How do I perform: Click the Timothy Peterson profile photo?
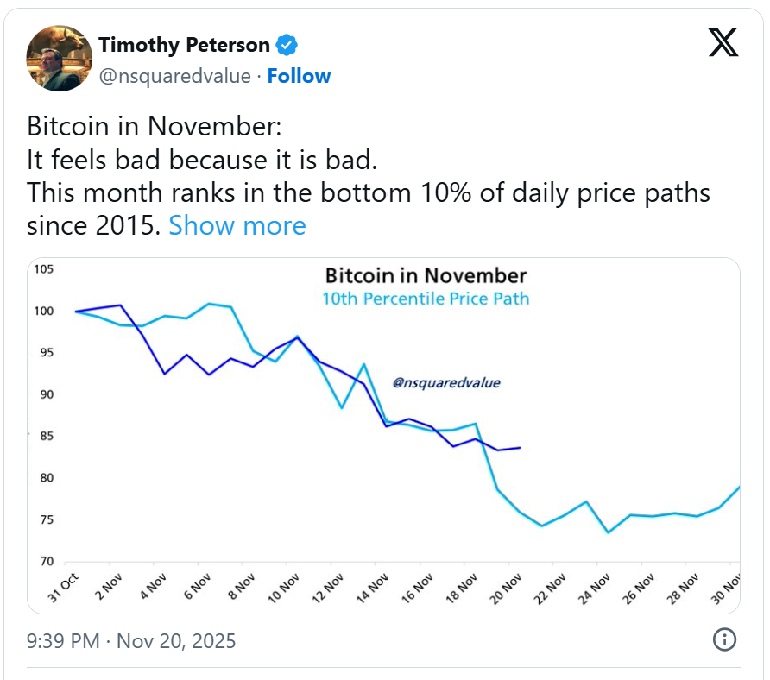pos(60,58)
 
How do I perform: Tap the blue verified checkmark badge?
pos(287,45)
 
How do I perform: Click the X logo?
pos(723,42)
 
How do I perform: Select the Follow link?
pos(299,76)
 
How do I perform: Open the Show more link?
pos(237,225)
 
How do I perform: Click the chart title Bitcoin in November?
pos(426,276)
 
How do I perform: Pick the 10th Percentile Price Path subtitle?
pos(426,299)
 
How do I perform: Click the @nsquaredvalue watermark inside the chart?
pos(446,382)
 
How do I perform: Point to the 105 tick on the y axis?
pos(44,269)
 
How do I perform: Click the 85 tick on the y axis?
pos(44,437)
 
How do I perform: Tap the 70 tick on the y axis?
pos(44,562)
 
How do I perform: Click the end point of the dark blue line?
pos(520,447)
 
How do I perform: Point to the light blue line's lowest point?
pos(608,532)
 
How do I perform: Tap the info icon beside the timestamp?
pos(723,639)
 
